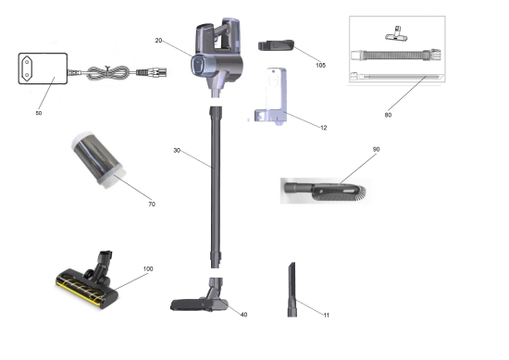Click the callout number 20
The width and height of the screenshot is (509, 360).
tap(158, 41)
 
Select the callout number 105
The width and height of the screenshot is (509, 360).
tap(320, 66)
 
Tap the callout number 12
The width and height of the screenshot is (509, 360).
tap(323, 128)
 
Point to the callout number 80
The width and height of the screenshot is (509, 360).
tap(388, 115)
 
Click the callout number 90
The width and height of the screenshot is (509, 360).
tap(376, 149)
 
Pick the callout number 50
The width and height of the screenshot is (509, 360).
tap(38, 113)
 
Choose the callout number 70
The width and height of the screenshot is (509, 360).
tap(152, 205)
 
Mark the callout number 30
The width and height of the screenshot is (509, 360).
tap(177, 150)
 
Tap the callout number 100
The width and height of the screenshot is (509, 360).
tap(148, 268)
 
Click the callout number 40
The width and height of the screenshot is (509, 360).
tap(243, 315)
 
